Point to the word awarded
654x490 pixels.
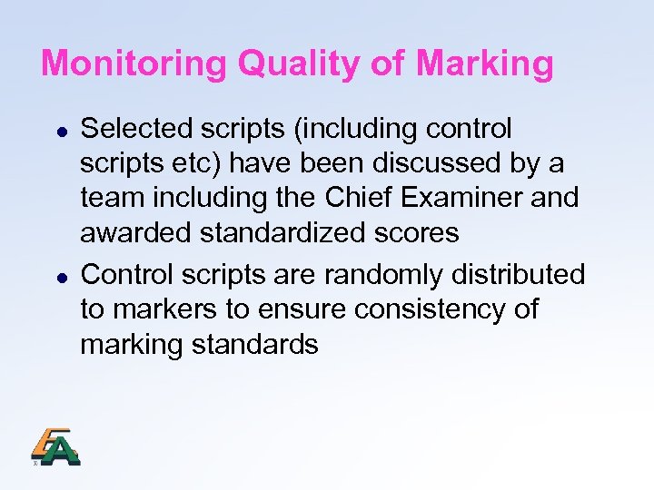[134, 233]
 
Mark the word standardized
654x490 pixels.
[287, 233]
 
